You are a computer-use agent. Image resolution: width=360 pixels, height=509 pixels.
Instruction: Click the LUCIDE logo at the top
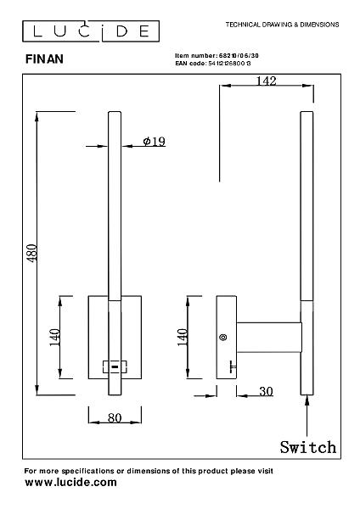pyautogui.click(x=91, y=31)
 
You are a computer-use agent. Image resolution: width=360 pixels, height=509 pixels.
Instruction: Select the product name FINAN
pyautogui.click(x=44, y=59)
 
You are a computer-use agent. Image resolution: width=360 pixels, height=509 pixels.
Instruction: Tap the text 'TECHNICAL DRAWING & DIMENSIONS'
pyautogui.click(x=282, y=25)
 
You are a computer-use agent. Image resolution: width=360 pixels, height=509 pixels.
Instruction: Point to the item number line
pyautogui.click(x=217, y=55)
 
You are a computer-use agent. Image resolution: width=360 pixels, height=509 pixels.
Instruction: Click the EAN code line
pyautogui.click(x=213, y=64)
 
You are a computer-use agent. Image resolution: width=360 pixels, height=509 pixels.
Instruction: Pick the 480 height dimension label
pyautogui.click(x=32, y=253)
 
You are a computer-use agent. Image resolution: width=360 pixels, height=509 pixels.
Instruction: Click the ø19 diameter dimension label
pyautogui.click(x=155, y=141)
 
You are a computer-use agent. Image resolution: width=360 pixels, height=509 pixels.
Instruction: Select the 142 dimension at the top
pyautogui.click(x=266, y=81)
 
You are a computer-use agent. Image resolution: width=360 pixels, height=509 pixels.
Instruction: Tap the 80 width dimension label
pyautogui.click(x=115, y=417)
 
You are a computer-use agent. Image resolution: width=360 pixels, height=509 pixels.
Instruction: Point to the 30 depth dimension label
pyautogui.click(x=266, y=391)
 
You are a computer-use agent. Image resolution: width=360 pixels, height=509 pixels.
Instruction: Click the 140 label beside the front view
pyautogui.click(x=54, y=338)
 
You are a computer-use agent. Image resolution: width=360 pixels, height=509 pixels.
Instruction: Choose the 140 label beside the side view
pyautogui.click(x=183, y=337)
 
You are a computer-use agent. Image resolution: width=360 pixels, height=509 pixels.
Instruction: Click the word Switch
pyautogui.click(x=308, y=447)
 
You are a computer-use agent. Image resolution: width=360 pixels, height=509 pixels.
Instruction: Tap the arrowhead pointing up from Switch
pyautogui.click(x=307, y=400)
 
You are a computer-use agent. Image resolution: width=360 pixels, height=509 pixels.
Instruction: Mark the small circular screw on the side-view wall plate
pyautogui.click(x=223, y=338)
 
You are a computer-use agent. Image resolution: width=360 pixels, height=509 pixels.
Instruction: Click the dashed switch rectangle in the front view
pyautogui.click(x=115, y=366)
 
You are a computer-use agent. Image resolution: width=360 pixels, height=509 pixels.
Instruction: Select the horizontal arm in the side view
pyautogui.click(x=269, y=338)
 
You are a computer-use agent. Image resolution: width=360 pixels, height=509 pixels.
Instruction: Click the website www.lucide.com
pyautogui.click(x=70, y=482)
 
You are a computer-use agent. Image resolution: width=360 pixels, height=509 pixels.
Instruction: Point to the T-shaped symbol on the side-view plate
pyautogui.click(x=233, y=366)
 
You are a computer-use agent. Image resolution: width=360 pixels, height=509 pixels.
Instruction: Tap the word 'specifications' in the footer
pyautogui.click(x=87, y=471)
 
